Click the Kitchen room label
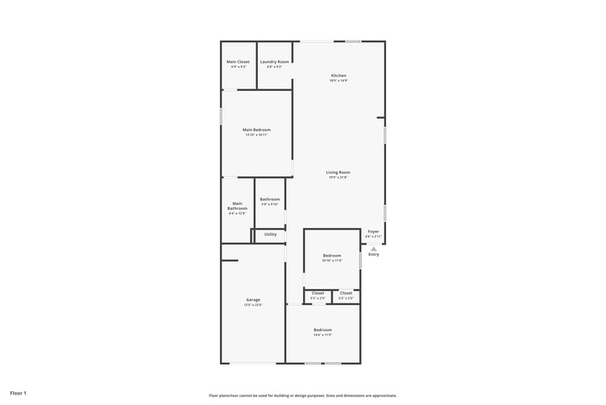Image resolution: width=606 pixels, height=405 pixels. pos(338,75)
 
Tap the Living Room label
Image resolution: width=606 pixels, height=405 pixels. pos(338,173)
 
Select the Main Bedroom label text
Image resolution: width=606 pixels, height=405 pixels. pos(256,130)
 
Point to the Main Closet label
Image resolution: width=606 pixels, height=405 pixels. pos(238,62)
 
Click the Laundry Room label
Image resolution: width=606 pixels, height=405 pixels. pos(274,62)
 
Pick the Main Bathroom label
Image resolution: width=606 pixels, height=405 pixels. pos(237,206)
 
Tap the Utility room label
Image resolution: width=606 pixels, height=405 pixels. pos(270,234)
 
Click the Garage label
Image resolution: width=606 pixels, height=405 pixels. pos(253,300)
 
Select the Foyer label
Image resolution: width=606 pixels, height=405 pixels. pos(373,232)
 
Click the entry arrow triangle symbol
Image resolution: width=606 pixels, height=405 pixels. pos(374,248)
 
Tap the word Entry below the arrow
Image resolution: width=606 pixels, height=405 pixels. pos(373,255)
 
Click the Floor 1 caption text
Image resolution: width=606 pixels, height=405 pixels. pos(18,393)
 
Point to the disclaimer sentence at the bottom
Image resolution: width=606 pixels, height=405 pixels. pos(302,395)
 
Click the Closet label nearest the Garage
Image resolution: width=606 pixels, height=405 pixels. pos(318,293)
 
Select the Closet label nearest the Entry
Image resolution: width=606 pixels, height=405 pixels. pos(345,293)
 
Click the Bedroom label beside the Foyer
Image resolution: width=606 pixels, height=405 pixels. pos(332,255)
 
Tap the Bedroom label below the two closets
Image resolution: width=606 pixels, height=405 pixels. pos(322,330)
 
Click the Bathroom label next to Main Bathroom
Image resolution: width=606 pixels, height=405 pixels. pos(269,199)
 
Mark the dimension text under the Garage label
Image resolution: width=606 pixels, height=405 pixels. pos(253,305)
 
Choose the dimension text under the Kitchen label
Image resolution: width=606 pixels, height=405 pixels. pos(338,81)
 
